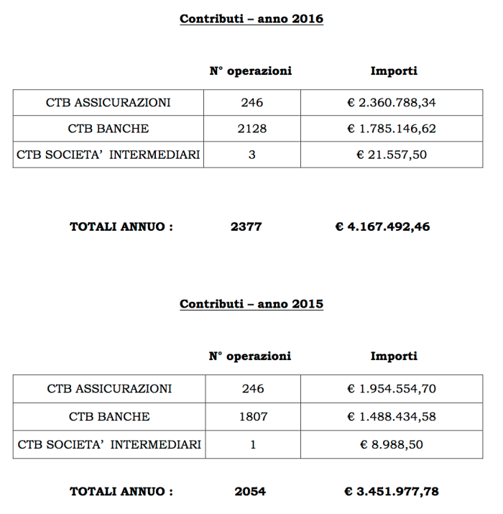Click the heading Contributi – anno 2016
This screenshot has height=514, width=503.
(x=251, y=19)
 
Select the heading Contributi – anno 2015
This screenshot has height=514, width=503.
(x=251, y=304)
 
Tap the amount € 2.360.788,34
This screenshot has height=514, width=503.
(x=392, y=103)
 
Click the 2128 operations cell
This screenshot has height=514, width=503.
(x=252, y=129)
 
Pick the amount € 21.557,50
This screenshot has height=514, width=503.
(x=392, y=155)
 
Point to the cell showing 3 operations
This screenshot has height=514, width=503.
(x=252, y=155)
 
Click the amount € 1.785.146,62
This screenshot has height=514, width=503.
(x=392, y=129)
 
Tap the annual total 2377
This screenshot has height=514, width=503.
(x=246, y=227)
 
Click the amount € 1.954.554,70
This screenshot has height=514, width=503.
(x=392, y=389)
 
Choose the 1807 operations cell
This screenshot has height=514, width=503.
(x=253, y=416)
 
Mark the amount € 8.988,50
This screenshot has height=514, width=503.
(x=392, y=444)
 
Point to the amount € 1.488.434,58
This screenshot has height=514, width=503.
(x=392, y=416)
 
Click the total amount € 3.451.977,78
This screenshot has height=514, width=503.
(x=392, y=492)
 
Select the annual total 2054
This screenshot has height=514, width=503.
(x=250, y=492)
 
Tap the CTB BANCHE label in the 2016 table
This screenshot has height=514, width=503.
(x=109, y=129)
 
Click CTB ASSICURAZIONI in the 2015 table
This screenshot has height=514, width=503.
(x=109, y=389)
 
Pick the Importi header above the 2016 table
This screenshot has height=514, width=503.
(x=394, y=71)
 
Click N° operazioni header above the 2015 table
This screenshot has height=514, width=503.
(x=250, y=356)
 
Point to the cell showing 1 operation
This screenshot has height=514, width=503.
(x=253, y=444)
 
